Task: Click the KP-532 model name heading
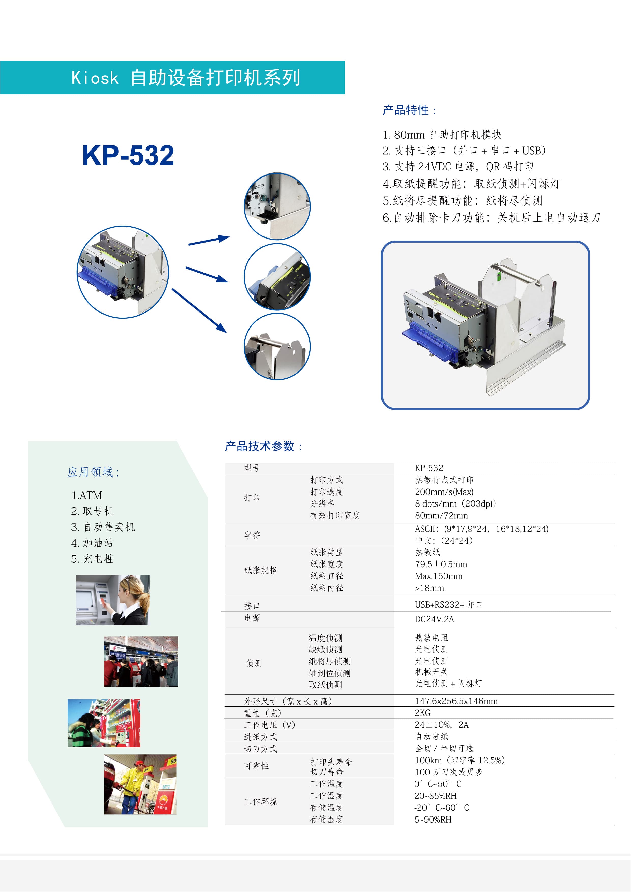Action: point(128,155)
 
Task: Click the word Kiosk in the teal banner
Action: point(95,78)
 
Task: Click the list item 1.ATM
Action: point(87,495)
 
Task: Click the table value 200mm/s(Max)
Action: point(444,492)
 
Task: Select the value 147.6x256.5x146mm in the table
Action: point(456,701)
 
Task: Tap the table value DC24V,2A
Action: point(434,619)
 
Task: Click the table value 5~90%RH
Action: point(433,819)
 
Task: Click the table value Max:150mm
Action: point(439,576)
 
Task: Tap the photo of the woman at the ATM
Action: point(113,600)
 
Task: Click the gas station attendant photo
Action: point(140,784)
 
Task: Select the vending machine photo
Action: point(104,723)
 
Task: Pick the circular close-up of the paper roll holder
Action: point(277,347)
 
